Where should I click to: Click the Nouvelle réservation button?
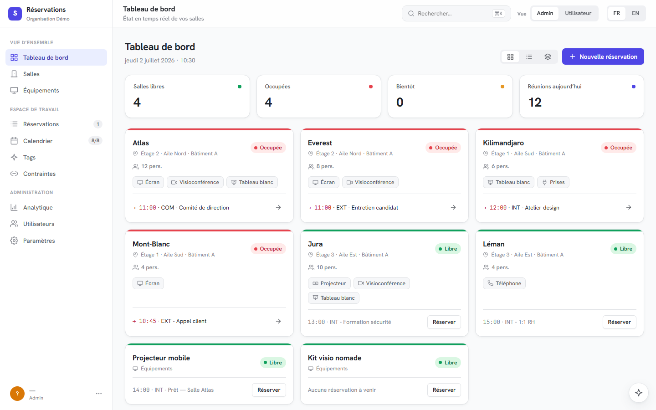point(603,56)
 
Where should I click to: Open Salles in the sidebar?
point(31,74)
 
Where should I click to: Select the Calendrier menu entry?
point(38,141)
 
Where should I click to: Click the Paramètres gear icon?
point(14,241)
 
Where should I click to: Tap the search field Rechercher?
point(456,14)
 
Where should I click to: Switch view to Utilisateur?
point(578,13)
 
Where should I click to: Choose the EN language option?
point(635,13)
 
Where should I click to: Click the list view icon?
point(529,57)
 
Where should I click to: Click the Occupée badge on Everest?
point(443,148)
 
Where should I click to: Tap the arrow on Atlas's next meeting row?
point(278,207)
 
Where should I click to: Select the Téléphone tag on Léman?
point(504,283)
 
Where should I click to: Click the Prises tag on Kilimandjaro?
point(553,182)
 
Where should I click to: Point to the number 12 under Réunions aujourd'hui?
point(535,102)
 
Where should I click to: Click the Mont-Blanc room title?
point(151,244)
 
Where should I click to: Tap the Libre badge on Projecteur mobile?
point(272,363)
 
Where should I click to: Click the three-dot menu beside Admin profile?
point(99,394)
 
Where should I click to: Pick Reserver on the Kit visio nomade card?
point(444,390)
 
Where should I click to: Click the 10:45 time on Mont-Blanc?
point(147,321)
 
